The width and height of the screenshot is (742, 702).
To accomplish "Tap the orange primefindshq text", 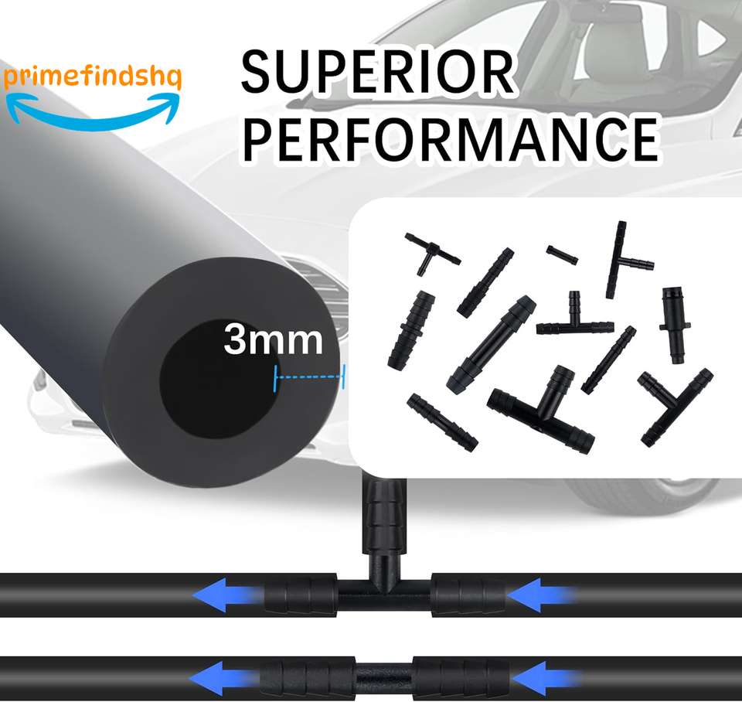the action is (x=92, y=80).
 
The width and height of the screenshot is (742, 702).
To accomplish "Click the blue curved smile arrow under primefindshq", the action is (x=94, y=112).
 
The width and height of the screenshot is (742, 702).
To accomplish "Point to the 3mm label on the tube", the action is (x=273, y=339).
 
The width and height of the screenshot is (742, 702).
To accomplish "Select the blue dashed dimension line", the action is (x=309, y=377).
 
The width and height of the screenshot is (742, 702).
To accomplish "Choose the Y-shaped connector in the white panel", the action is (x=674, y=405).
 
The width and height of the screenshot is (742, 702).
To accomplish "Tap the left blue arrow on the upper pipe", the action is (x=224, y=596).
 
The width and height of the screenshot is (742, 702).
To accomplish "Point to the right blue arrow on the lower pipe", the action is (x=541, y=678).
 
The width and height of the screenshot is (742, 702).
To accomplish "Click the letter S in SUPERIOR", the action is (x=259, y=73).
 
